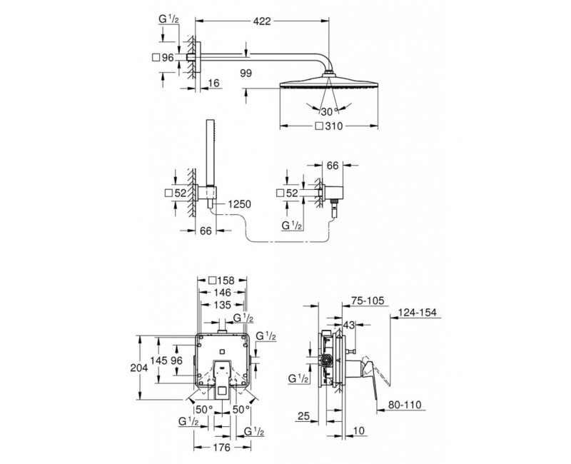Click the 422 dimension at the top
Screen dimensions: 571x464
262,21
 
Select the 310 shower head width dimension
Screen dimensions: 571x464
329,126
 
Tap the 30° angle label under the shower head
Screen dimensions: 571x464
329,111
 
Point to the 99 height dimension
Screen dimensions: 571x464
246,74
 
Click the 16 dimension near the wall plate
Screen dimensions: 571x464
214,84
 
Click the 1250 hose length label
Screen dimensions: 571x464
239,204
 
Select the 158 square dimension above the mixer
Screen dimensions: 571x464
222,281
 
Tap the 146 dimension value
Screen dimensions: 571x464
222,293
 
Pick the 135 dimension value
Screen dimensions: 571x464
222,305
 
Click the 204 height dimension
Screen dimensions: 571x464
139,368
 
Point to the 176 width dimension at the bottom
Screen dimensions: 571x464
222,447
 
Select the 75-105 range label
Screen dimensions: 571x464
368,301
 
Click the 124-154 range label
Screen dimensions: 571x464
418,313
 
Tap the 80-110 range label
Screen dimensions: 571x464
404,405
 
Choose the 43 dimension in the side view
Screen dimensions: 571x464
349,326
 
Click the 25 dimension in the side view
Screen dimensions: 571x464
303,415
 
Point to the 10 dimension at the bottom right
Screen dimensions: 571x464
359,430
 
